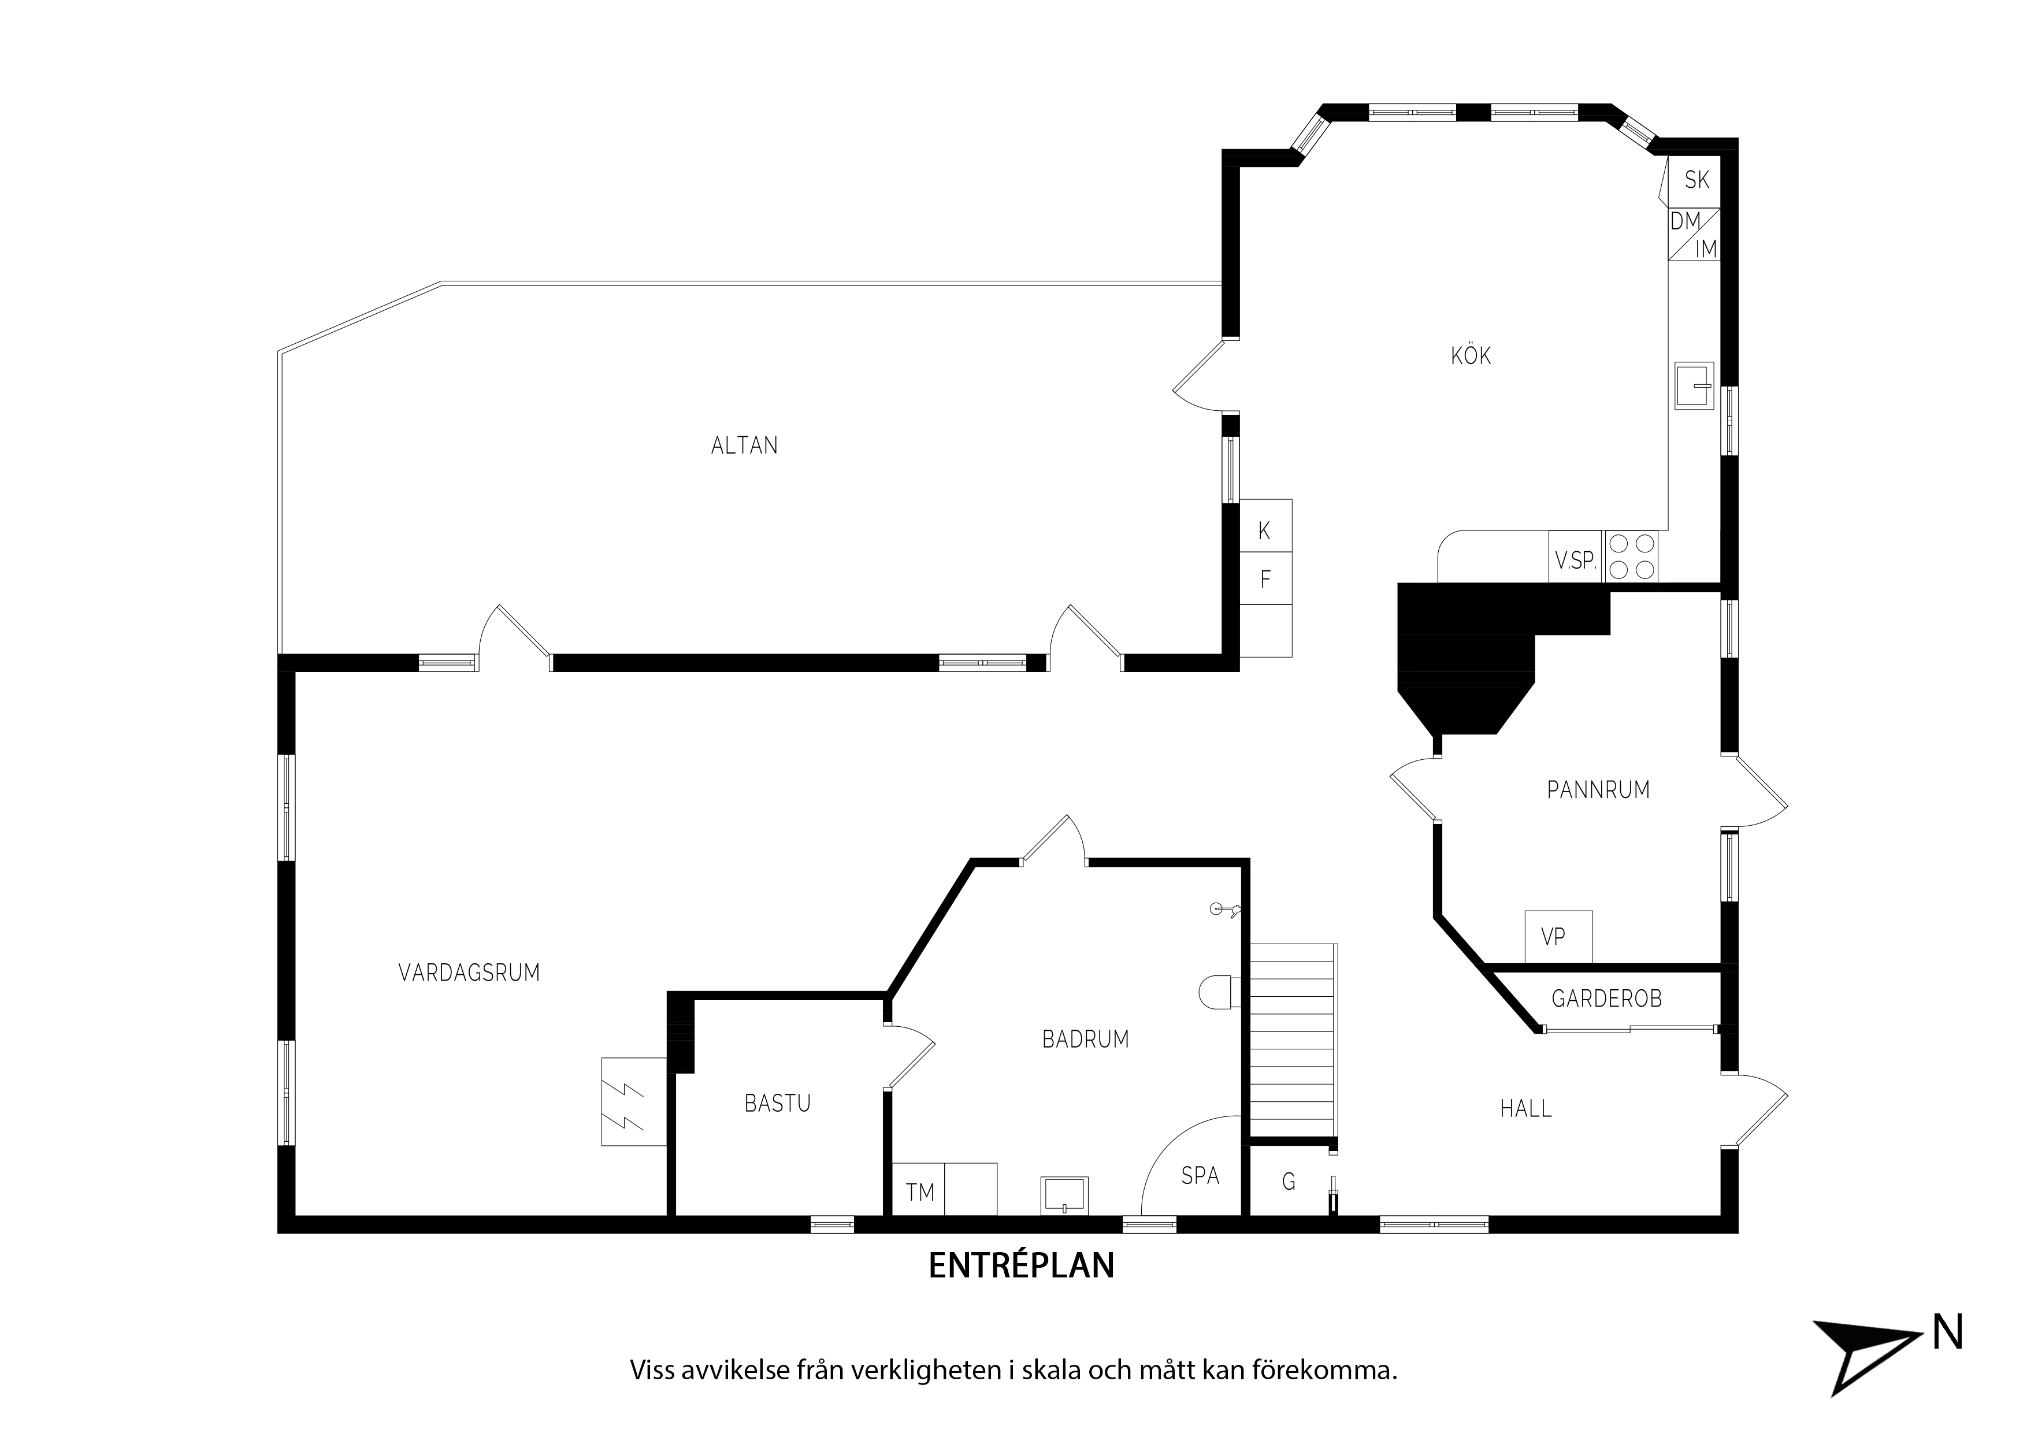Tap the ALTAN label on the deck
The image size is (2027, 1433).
[744, 446]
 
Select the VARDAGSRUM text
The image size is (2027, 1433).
[469, 973]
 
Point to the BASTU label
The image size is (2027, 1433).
[777, 1104]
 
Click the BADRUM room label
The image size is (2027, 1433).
[1086, 1039]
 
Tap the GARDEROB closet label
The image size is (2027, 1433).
[1607, 998]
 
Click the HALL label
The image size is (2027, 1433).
[1525, 1109]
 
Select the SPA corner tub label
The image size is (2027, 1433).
[1200, 1176]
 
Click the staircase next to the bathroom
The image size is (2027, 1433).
[1293, 1042]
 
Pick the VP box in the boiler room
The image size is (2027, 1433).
[1559, 936]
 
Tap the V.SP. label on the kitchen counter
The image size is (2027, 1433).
[1576, 560]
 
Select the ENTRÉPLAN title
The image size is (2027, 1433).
[1022, 1265]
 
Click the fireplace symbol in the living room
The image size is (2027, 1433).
[634, 1102]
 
